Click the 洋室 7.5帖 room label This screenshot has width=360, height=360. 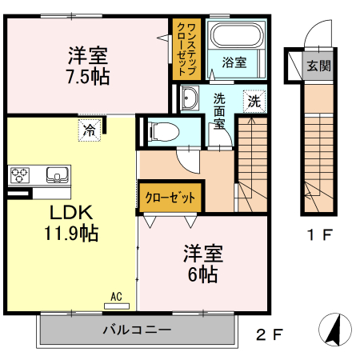coord(88,66)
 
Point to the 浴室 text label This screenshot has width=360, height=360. coord(234,62)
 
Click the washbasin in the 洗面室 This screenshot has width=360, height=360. coord(190,99)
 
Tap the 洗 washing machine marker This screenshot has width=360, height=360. coord(254,101)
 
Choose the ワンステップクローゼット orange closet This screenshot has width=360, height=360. coord(184,48)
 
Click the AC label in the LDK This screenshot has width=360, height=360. coord(117,298)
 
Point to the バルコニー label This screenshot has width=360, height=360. coord(136,330)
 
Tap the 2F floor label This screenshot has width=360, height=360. coord(269,334)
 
